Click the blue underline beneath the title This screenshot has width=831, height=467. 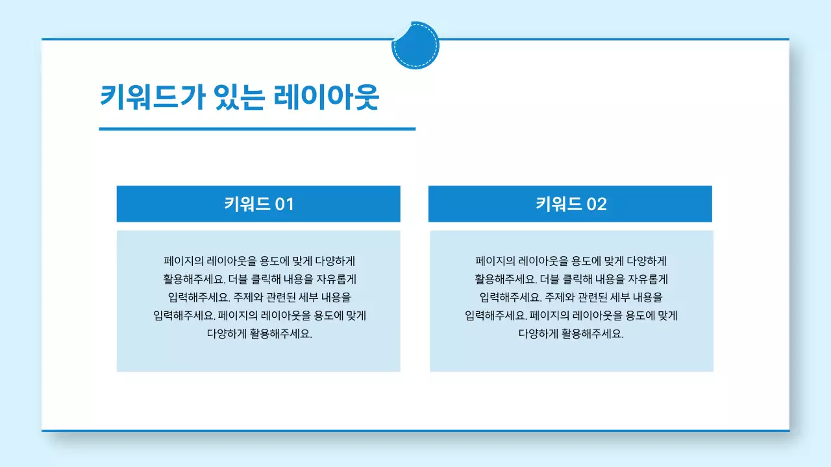[x=256, y=129]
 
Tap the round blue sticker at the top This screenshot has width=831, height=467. [x=415, y=45]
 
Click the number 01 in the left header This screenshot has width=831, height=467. [x=284, y=204]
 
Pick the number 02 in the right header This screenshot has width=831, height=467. [x=597, y=204]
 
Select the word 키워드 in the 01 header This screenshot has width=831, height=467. [x=247, y=204]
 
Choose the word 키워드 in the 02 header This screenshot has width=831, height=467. [x=558, y=204]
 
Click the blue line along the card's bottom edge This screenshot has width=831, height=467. [x=415, y=430]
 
